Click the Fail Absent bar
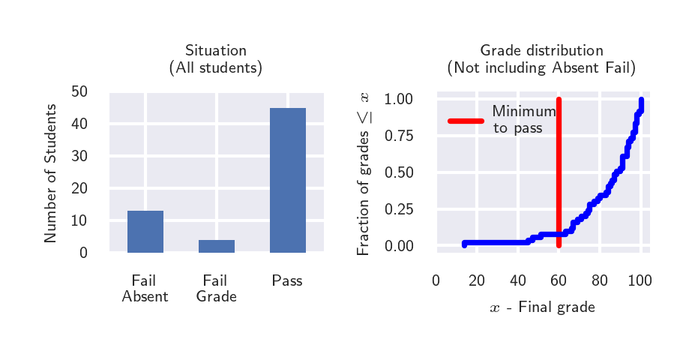click(145, 232)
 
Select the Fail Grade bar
click(216, 246)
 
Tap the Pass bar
click(287, 180)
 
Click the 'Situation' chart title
click(216, 51)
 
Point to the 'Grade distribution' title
click(541, 51)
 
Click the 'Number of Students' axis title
click(50, 172)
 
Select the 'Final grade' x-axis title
click(542, 307)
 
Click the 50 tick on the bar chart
click(79, 91)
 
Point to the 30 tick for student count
click(79, 156)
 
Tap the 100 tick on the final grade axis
click(640, 281)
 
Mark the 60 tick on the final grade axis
click(558, 281)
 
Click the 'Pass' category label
click(287, 281)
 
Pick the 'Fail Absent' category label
click(145, 289)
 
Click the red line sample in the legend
click(466, 121)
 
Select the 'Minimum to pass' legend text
click(523, 120)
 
